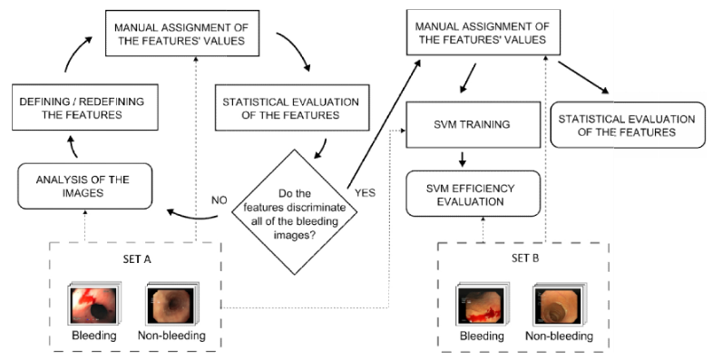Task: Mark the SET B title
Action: [512, 258]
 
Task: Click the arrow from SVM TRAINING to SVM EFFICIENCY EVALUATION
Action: [464, 156]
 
